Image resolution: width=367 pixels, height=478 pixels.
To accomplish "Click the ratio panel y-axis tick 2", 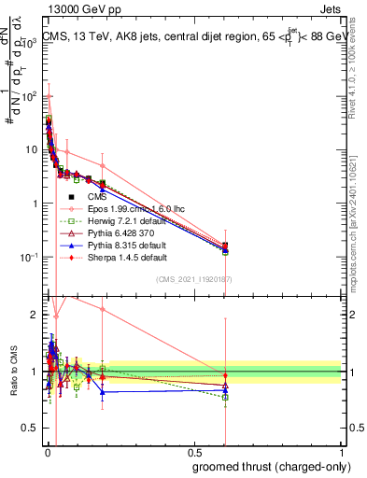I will (x=35, y=315).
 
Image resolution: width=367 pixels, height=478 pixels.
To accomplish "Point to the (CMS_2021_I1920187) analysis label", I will (x=193, y=279).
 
